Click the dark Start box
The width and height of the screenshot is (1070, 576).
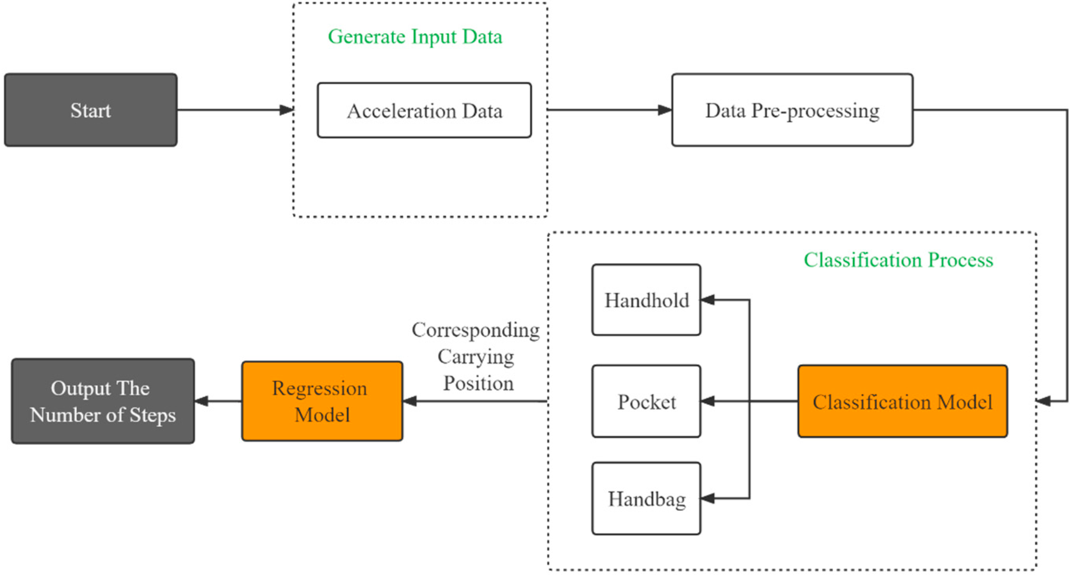coord(90,110)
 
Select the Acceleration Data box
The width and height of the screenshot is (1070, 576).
coord(424,110)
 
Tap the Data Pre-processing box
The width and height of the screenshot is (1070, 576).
coord(792,110)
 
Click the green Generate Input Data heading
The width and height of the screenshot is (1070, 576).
coord(415,36)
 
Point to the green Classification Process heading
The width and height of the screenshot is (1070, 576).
coord(898,260)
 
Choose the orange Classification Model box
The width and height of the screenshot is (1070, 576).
coord(902,401)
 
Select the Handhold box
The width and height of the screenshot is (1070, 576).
coord(646,300)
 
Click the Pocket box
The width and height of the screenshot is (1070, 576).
coord(646,401)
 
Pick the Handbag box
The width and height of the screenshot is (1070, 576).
coord(646,499)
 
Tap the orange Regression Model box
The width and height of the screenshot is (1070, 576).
coord(322,401)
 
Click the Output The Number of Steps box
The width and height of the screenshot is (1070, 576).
coord(103,401)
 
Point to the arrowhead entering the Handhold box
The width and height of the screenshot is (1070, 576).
coord(708,300)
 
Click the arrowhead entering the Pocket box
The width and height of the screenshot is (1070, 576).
coord(708,401)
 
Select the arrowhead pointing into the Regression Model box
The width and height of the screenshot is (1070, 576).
coord(410,401)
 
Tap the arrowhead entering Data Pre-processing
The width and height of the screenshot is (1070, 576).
coord(665,110)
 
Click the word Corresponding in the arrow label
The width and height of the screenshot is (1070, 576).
coord(476,331)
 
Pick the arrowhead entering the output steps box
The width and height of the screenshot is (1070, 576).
coord(202,401)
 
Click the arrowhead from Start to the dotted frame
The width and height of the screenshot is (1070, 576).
coord(287,110)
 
